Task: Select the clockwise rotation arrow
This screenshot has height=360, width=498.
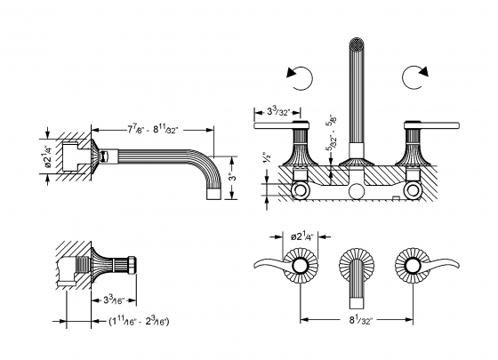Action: tap(415, 77)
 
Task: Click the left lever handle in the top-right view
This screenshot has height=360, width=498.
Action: tap(277, 127)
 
